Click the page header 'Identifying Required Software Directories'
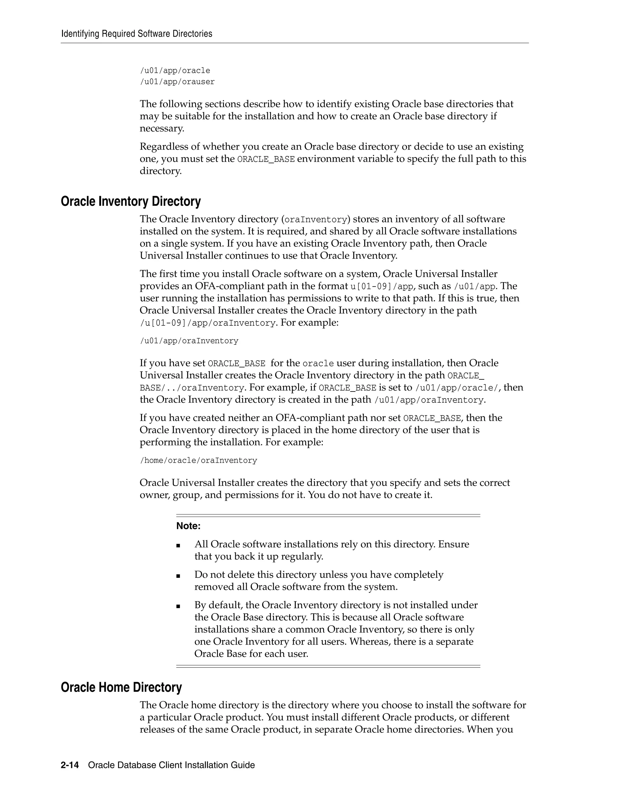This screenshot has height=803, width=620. click(137, 34)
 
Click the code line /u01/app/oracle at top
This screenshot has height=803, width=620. click(175, 71)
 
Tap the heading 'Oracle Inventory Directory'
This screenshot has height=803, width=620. click(131, 202)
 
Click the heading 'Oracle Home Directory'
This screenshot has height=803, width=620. click(121, 687)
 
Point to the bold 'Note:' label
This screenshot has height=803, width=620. click(188, 526)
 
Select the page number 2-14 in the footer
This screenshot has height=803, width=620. click(70, 765)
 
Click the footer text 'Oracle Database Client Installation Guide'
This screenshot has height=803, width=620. click(172, 765)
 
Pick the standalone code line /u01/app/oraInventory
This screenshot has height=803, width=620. click(189, 341)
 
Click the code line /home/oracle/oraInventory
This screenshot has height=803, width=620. click(198, 460)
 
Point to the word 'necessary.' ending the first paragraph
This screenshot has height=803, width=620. click(162, 129)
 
